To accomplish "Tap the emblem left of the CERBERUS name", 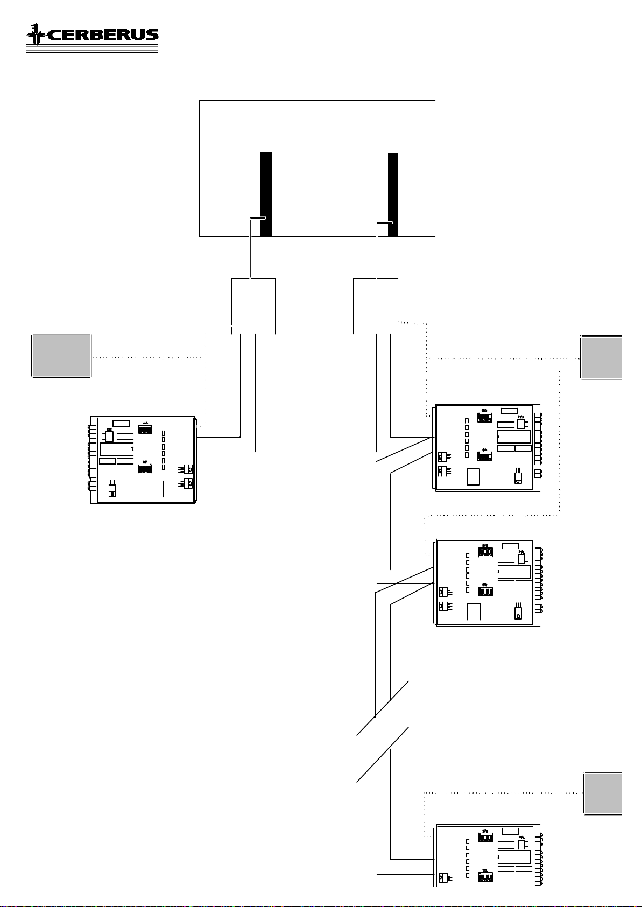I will (x=36, y=34).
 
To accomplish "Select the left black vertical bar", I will (x=266, y=194).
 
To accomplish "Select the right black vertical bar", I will (x=393, y=194).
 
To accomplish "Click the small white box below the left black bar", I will (x=253, y=306).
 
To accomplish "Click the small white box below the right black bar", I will (x=376, y=306).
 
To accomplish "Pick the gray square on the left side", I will (x=61, y=356).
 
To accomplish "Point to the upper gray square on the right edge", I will (x=602, y=357).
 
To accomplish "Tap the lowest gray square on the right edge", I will (x=603, y=793).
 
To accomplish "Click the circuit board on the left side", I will (x=143, y=460).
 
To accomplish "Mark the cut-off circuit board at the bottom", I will (x=488, y=855).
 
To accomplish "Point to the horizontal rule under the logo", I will (x=301, y=55).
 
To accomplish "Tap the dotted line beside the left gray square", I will (x=147, y=357).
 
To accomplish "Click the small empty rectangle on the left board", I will (x=157, y=488).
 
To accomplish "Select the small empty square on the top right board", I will (x=473, y=477).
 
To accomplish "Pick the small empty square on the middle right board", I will (x=473, y=611).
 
